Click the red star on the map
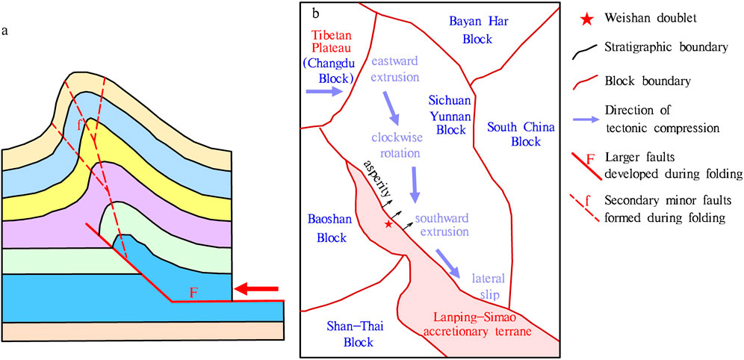[388, 223]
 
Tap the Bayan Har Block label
[478, 29]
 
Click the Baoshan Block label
[327, 229]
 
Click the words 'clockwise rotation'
[397, 146]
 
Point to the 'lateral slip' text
[489, 287]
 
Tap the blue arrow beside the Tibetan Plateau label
[323, 91]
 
